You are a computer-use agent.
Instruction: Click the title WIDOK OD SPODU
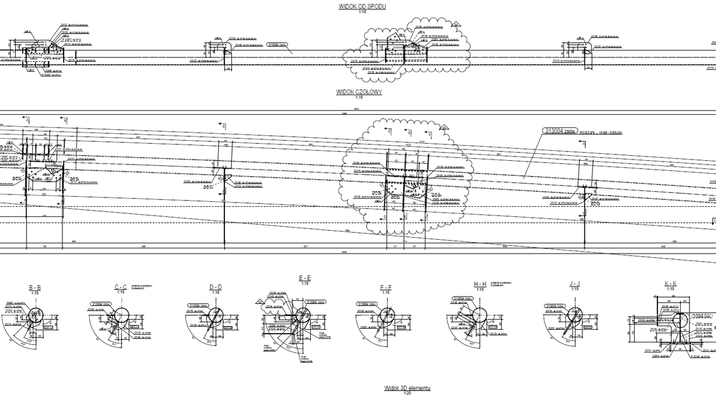pyautogui.click(x=362, y=6)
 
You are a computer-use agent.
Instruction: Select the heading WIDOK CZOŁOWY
pyautogui.click(x=359, y=92)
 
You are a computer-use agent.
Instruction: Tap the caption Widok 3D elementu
pyautogui.click(x=407, y=388)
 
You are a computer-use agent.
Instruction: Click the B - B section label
pyautogui.click(x=35, y=288)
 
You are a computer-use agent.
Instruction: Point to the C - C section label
pyautogui.click(x=120, y=288)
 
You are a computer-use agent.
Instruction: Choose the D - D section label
pyautogui.click(x=216, y=288)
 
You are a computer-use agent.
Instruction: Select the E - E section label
pyautogui.click(x=304, y=278)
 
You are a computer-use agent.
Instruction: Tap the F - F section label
pyautogui.click(x=386, y=288)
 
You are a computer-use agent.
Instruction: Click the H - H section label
pyautogui.click(x=480, y=284)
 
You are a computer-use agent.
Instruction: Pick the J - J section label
pyautogui.click(x=574, y=284)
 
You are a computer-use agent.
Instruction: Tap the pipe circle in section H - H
pyautogui.click(x=481, y=315)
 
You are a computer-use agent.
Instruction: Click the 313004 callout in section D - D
pyautogui.click(x=198, y=306)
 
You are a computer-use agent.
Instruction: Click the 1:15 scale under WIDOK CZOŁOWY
pyautogui.click(x=359, y=98)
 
